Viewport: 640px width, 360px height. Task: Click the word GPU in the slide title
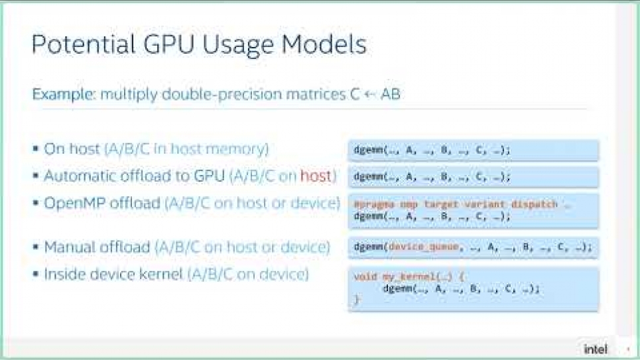click(x=155, y=44)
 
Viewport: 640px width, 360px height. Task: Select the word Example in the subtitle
click(x=63, y=94)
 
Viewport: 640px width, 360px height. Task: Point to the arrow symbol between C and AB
click(x=371, y=94)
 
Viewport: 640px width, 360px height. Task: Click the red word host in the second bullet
click(x=316, y=176)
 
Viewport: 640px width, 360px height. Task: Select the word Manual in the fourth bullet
click(x=68, y=247)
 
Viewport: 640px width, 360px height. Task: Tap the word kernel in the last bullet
click(x=158, y=274)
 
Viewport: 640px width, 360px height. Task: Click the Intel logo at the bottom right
click(x=596, y=348)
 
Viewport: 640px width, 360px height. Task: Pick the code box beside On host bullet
click(x=473, y=150)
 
